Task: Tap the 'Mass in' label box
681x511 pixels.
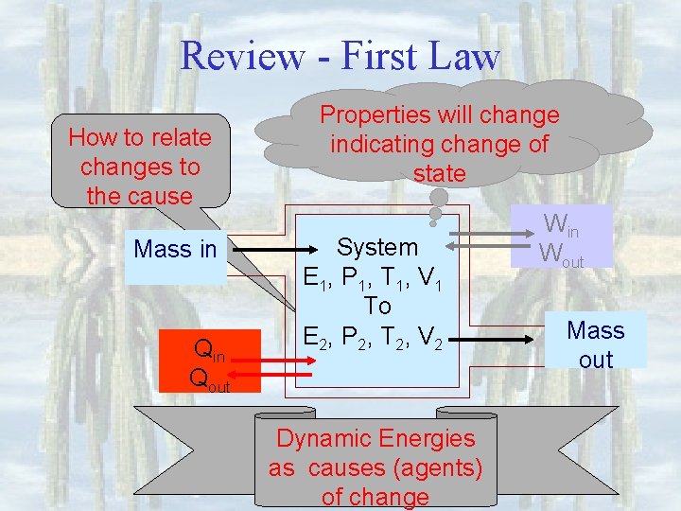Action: [x=176, y=250]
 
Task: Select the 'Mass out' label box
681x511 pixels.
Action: [x=596, y=344]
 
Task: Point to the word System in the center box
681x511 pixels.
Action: [x=377, y=247]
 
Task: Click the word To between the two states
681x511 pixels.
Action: [x=377, y=306]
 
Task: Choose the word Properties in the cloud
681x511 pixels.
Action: [x=369, y=115]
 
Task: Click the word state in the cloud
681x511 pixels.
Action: [x=440, y=173]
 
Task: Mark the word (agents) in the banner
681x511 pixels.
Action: [x=436, y=467]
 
